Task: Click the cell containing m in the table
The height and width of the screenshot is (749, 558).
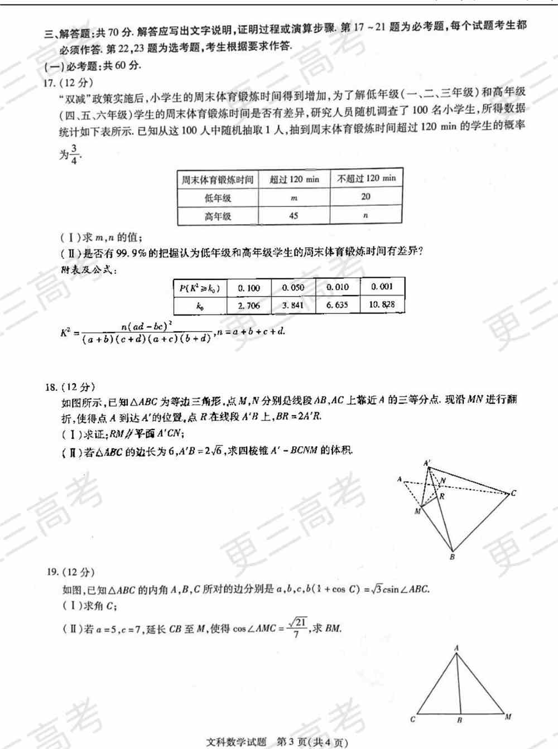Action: tap(294, 197)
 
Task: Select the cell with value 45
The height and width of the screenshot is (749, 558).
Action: tap(294, 216)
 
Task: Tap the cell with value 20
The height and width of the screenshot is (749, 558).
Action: tap(365, 196)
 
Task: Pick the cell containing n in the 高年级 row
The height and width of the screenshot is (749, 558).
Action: tap(365, 215)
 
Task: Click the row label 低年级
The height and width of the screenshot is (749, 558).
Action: tap(218, 197)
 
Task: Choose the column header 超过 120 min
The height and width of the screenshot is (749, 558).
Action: tap(294, 179)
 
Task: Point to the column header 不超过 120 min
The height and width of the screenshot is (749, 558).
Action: tap(366, 178)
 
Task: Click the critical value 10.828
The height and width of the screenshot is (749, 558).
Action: tap(382, 305)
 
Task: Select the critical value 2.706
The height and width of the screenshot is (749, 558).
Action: tap(249, 306)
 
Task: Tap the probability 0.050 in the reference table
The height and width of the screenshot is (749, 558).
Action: tap(293, 288)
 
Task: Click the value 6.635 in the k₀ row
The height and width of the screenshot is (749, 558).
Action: tap(337, 305)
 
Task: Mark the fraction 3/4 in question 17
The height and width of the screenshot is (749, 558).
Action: tap(74, 154)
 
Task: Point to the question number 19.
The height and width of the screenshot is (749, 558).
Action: tap(52, 572)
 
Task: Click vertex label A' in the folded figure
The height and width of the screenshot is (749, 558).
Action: tap(427, 463)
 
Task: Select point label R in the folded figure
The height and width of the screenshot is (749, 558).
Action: tap(442, 495)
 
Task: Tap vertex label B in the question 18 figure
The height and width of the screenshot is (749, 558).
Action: tap(452, 556)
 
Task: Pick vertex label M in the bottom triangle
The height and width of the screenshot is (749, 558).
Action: tap(508, 717)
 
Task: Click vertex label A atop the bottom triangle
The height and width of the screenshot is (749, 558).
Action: tap(456, 648)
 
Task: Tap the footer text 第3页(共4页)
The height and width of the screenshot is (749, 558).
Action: tap(312, 742)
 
